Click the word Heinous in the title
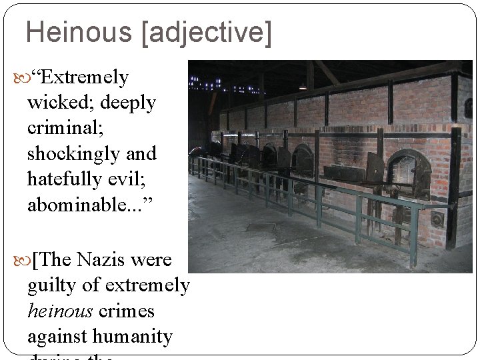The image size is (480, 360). [x=79, y=32]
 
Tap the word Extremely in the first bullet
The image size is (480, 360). [x=84, y=78]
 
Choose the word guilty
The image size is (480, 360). [x=52, y=286]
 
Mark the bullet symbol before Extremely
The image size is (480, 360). [x=18, y=79]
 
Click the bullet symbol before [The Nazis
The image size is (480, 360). [x=18, y=261]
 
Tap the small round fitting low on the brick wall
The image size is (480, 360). [x=437, y=219]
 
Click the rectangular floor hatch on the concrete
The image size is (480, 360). [x=260, y=227]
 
